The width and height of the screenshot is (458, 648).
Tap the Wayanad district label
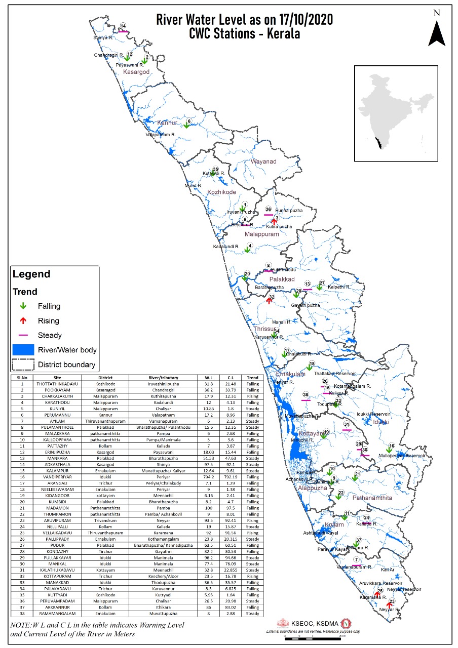pos(263,161)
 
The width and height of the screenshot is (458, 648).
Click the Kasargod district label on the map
pos(136,72)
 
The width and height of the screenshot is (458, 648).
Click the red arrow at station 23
pos(389,604)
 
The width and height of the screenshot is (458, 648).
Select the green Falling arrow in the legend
pos(23,306)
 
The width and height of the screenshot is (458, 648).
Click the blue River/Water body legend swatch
pos(23,350)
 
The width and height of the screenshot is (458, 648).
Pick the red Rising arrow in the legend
pos(23,321)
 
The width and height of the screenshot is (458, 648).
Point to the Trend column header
pos(252,378)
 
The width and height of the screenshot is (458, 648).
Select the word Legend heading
pos(31,274)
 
